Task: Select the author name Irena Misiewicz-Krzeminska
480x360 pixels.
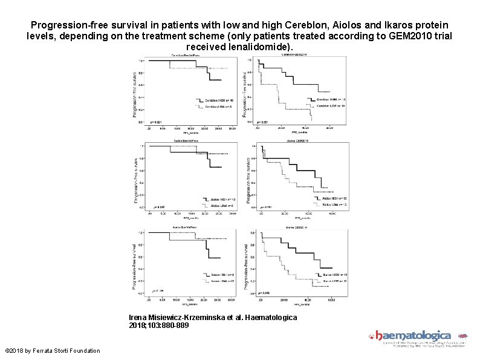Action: [176, 317]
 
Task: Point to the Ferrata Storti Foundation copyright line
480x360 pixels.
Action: [52, 351]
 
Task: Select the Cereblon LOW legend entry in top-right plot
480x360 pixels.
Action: [331, 105]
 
